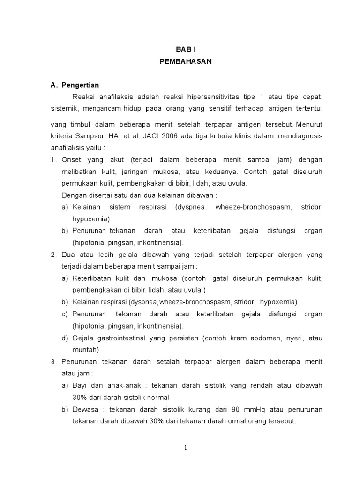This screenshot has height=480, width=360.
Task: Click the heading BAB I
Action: pos(184,49)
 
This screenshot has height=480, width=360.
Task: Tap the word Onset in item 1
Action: pos(72,160)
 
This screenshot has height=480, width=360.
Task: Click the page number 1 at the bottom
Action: pos(186,448)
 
